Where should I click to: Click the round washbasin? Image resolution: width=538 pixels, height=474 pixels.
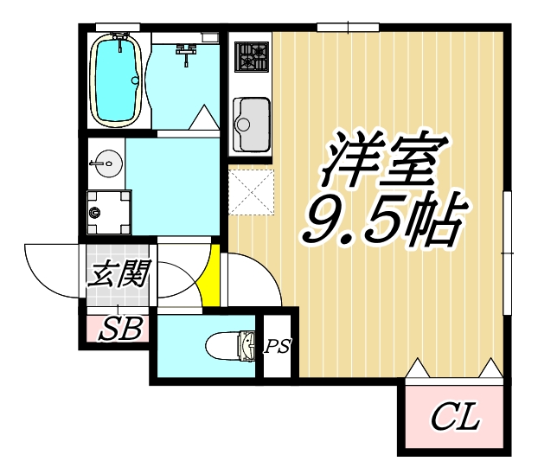[107, 162]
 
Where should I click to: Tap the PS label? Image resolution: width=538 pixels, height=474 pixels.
[278, 348]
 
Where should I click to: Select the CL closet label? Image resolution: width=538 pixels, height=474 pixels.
[455, 420]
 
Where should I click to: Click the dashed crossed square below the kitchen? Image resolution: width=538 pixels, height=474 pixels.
[252, 191]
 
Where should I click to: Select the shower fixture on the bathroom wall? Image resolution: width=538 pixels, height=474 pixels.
[183, 54]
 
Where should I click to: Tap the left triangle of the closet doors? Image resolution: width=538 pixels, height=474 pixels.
[417, 368]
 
